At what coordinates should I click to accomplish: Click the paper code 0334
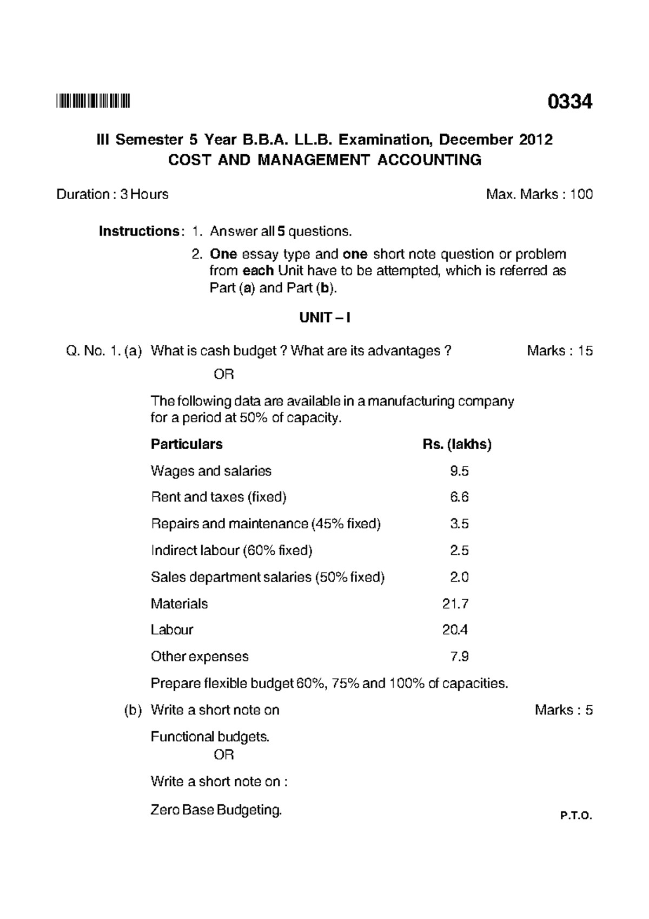coord(569,102)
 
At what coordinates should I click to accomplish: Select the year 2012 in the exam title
coord(536,140)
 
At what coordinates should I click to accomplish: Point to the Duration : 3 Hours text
coord(112,194)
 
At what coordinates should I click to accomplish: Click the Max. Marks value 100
coord(581,194)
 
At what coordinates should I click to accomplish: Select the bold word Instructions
coord(138,232)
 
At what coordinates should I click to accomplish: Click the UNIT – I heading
coord(325,318)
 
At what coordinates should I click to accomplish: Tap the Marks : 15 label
coord(560,351)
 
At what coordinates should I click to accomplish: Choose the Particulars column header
coord(187,444)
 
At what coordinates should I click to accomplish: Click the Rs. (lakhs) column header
coord(457,444)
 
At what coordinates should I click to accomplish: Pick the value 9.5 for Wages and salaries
coord(459,471)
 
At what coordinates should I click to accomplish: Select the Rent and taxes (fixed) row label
coord(218,497)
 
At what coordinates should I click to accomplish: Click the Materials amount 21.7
coord(455,603)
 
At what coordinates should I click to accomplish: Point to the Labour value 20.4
coord(455,630)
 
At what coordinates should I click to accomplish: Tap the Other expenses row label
coord(200,657)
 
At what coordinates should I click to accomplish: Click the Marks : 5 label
coord(564,710)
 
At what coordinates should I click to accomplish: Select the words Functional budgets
coord(210,737)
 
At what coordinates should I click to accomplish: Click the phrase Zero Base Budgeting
coord(216,810)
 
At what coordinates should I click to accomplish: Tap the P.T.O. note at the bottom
coord(577,816)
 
